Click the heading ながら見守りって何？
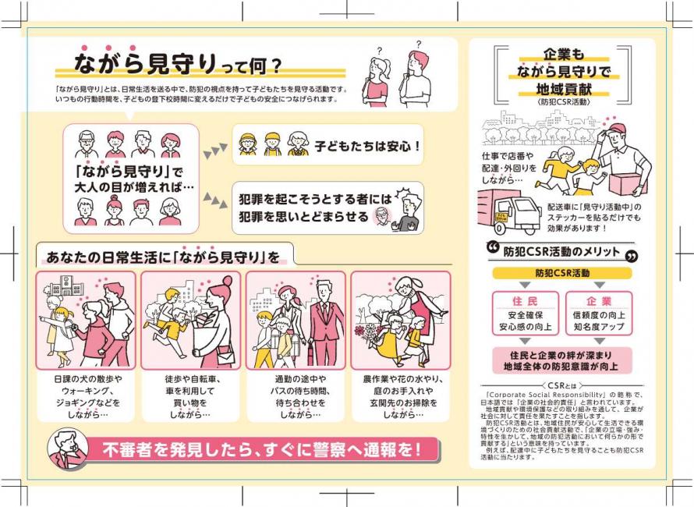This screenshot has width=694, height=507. tap(178, 62)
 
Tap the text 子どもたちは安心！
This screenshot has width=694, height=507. tap(367, 145)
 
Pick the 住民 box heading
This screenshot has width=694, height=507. tap(525, 301)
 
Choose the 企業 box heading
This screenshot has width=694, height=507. tap(599, 301)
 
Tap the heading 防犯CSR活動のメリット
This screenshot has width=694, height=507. tap(561, 252)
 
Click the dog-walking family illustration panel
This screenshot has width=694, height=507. tap(86, 320)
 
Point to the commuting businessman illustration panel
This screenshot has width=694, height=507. tap(296, 320)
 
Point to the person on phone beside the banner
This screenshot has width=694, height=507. tap(67, 449)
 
